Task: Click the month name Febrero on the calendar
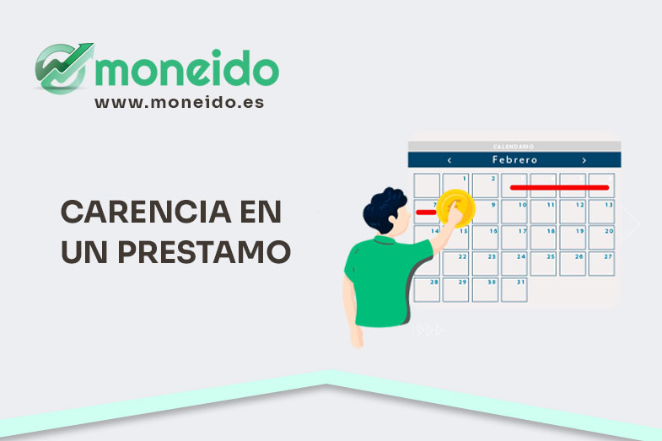pyautogui.click(x=516, y=159)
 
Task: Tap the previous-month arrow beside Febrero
pyautogui.click(x=449, y=159)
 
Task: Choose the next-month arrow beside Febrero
pyautogui.click(x=584, y=159)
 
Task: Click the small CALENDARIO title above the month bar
pyautogui.click(x=514, y=147)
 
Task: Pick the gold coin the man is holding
pyautogui.click(x=455, y=207)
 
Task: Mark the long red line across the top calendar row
pyautogui.click(x=559, y=187)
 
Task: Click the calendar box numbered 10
pyautogui.click(x=514, y=212)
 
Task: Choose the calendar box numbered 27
pyautogui.click(x=600, y=263)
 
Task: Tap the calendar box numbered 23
pyautogui.click(x=485, y=263)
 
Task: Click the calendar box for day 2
pyautogui.click(x=485, y=186)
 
